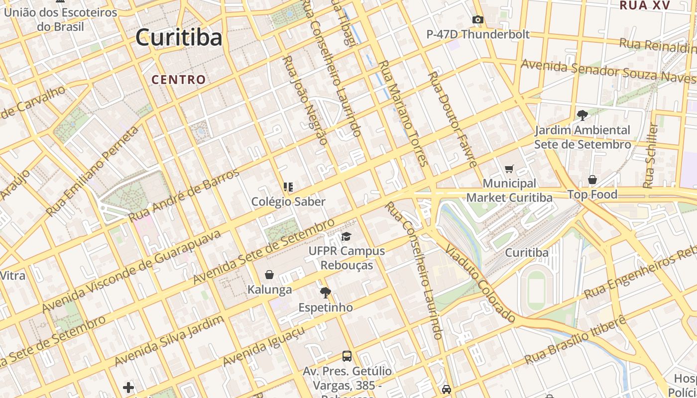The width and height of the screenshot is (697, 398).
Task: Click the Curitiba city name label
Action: tap(178, 37)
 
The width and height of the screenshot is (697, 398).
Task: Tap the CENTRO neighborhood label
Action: tap(178, 80)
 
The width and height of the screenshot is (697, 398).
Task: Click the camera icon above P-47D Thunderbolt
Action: tap(478, 20)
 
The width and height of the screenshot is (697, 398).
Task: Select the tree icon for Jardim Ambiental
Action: tap(582, 115)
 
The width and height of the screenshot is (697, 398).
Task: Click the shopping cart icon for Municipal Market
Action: tap(509, 169)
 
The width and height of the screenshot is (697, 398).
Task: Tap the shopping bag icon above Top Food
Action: tap(592, 180)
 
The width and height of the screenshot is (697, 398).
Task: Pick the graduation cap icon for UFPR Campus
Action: tap(346, 237)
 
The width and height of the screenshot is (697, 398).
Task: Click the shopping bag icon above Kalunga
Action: tap(269, 275)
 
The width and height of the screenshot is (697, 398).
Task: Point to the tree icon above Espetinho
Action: tap(326, 293)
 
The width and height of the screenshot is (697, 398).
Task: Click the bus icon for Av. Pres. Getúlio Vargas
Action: tap(347, 356)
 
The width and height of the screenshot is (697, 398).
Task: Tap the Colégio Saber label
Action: tap(288, 201)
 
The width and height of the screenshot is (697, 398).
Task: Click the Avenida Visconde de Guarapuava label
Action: tap(131, 271)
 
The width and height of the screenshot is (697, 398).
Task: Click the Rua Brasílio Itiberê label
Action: tap(576, 339)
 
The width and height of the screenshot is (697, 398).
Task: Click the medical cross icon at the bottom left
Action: tap(128, 387)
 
